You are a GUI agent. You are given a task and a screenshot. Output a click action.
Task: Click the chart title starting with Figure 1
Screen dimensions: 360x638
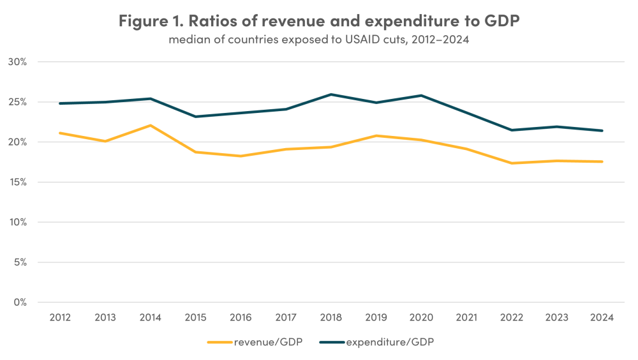pos(319,20)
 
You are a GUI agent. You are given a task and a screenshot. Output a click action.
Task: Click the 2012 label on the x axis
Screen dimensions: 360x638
pos(59,317)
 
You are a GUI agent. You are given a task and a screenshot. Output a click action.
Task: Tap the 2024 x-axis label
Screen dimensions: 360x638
pos(602,317)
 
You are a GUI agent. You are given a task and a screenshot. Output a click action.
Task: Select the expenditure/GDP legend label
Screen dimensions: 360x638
pos(390,342)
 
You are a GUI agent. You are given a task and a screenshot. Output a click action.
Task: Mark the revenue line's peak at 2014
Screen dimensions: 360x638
pos(150,125)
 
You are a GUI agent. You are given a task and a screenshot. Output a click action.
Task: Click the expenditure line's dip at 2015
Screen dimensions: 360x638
pos(195,116)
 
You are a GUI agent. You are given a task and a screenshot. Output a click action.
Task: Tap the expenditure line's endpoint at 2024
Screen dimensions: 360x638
pos(602,131)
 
